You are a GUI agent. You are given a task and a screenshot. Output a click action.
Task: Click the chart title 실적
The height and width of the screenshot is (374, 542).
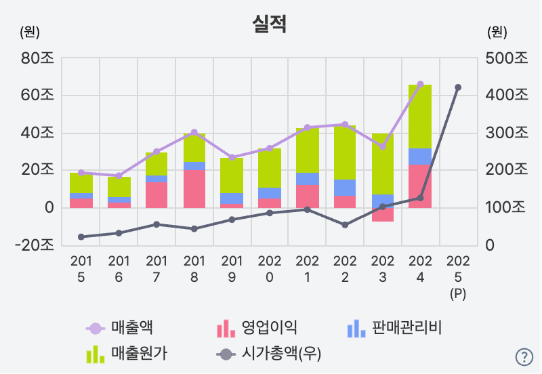269,25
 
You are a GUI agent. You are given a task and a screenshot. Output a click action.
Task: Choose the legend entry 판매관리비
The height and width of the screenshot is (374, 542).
394,329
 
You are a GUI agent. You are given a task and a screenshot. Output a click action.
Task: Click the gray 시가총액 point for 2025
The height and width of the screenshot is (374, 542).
458,87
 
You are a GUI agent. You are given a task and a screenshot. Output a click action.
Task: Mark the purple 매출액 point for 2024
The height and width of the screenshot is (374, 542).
420,85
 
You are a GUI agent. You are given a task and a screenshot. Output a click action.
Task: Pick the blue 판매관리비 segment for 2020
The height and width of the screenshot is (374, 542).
269,193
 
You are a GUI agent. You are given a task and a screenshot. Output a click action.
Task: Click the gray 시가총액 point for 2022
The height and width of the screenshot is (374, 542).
345,225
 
